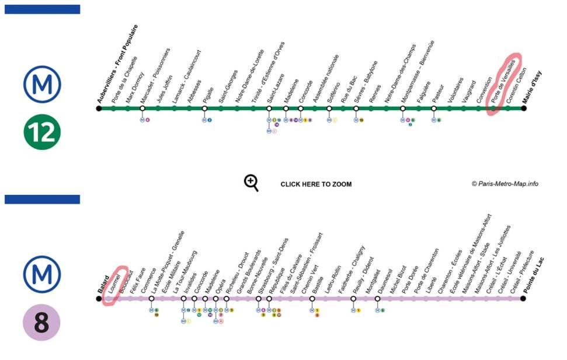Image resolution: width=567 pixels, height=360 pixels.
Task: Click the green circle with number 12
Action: coord(42,132)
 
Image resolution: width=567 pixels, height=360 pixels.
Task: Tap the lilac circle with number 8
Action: coord(41,322)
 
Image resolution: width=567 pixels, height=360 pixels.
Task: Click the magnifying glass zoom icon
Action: coord(251,183)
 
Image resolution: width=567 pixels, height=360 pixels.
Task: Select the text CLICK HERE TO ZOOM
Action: coord(316,184)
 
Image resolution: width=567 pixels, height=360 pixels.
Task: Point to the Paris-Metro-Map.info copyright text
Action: coord(505,184)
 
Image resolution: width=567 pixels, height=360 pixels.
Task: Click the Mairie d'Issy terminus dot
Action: coord(523,108)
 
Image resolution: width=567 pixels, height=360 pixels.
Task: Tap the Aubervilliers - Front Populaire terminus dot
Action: coord(99,108)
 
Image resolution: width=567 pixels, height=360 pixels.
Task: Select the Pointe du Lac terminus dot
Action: coord(523,299)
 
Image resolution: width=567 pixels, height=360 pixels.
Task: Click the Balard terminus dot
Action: coord(99,299)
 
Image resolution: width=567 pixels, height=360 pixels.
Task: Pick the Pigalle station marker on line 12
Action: coord(205,108)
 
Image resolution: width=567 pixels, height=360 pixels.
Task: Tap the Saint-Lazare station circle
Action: coord(269,108)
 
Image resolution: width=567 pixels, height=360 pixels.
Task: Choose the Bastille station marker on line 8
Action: coord(312,299)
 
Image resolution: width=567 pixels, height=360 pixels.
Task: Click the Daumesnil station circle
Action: coord(378,299)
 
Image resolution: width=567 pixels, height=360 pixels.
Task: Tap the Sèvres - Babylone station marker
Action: coord(356,108)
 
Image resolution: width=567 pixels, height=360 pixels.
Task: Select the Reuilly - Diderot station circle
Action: coord(354,299)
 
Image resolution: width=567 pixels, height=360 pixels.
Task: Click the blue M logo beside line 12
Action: coord(42,85)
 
